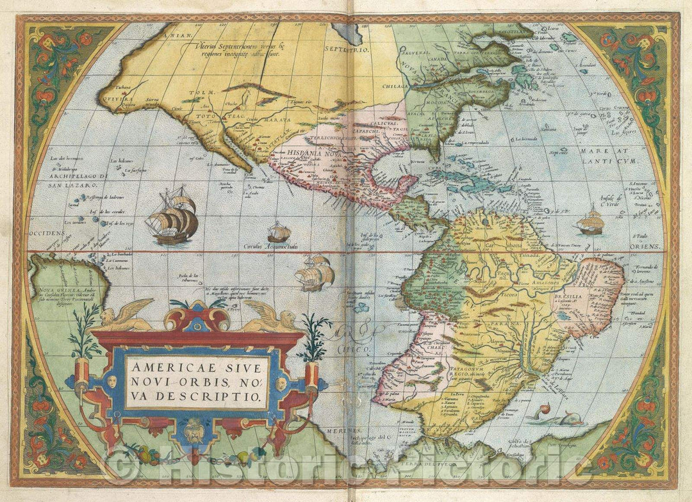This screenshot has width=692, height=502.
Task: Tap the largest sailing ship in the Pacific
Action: pos(172,216)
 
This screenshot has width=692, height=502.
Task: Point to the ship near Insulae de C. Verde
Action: pos(590,222)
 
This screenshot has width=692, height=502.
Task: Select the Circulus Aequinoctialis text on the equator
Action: pos(270,245)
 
